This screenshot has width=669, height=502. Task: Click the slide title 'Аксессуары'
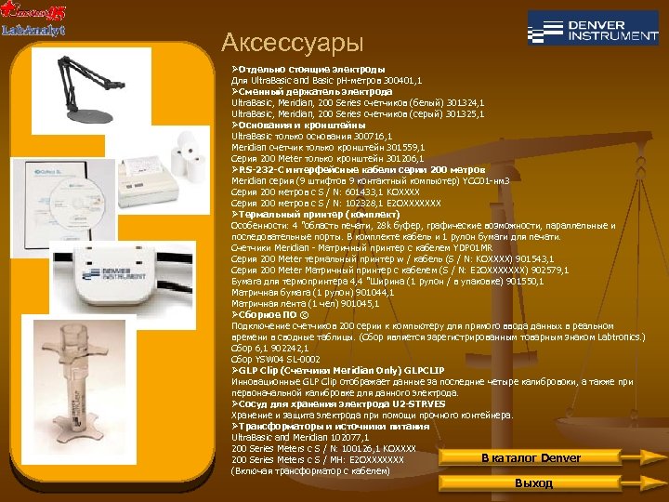pos(293,43)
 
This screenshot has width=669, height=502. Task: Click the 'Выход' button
pos(533,483)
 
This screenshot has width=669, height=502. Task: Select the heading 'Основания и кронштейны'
pos(301,124)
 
